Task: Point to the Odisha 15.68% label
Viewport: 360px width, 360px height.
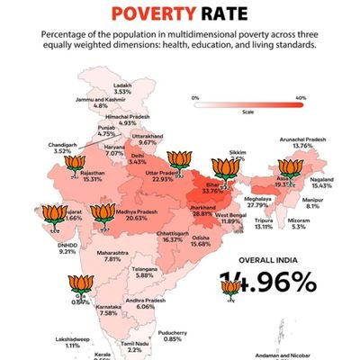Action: coord(201,243)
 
